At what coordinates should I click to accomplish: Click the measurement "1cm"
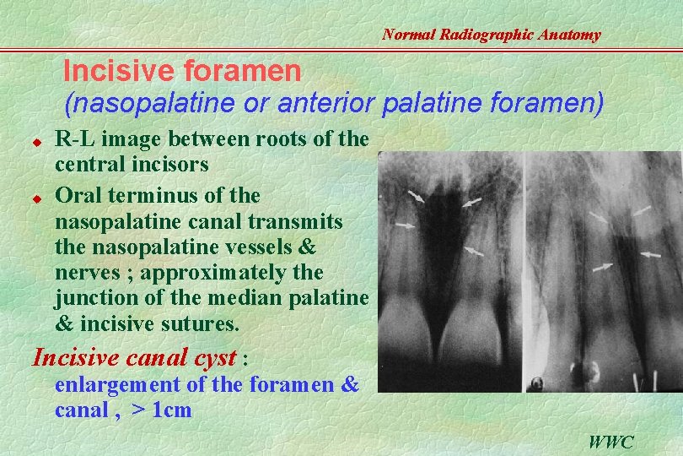pyautogui.click(x=171, y=411)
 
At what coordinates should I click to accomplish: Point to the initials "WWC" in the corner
pyautogui.click(x=611, y=442)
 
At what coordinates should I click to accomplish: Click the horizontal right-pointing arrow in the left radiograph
pyautogui.click(x=405, y=225)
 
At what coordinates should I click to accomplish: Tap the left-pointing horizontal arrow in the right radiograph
pyautogui.click(x=650, y=252)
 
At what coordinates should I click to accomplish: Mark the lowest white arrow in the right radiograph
pyautogui.click(x=602, y=268)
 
